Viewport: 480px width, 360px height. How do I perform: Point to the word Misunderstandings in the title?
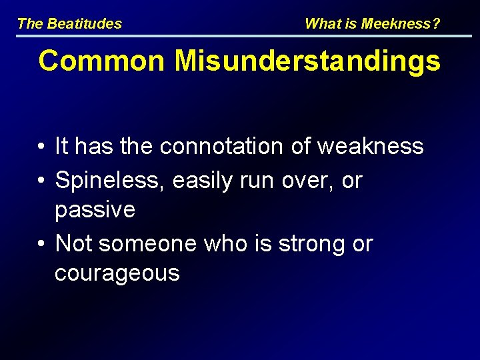click(307, 61)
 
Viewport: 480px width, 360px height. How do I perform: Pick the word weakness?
click(370, 146)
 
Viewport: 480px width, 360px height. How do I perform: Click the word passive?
click(95, 211)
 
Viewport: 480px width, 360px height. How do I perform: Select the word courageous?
click(117, 274)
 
